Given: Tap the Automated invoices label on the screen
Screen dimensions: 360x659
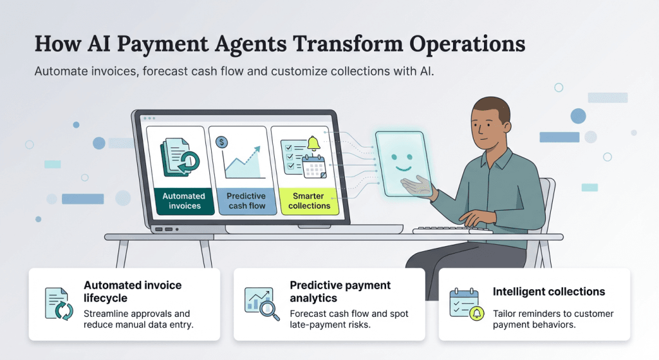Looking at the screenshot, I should (184, 201).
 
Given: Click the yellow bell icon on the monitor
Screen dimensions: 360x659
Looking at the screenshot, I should (314, 142).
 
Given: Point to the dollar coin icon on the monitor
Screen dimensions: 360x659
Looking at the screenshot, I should (222, 141).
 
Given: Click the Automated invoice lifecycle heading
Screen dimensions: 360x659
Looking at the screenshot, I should (133, 290).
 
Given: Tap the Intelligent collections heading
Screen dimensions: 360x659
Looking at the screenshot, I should (549, 292).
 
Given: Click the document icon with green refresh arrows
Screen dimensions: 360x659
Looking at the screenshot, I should (59, 305).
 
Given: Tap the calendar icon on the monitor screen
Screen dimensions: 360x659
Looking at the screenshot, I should (314, 166).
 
